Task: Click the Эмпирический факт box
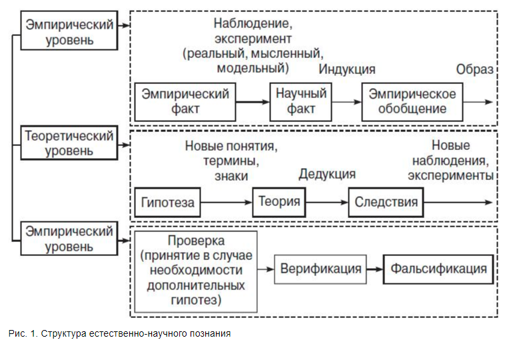tap(185, 101)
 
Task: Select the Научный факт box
tap(301, 101)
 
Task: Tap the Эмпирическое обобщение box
tap(412, 101)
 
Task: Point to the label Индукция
tap(346, 70)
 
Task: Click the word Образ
tap(474, 70)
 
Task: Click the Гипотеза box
tap(168, 202)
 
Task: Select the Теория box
tap(278, 202)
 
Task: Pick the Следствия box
tap(386, 202)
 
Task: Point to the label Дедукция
tap(327, 174)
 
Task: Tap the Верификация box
tap(320, 269)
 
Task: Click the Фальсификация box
tap(438, 269)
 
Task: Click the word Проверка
tap(196, 240)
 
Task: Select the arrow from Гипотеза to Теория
tap(227, 202)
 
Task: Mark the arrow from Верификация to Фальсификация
tap(374, 269)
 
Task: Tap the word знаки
tap(231, 176)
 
